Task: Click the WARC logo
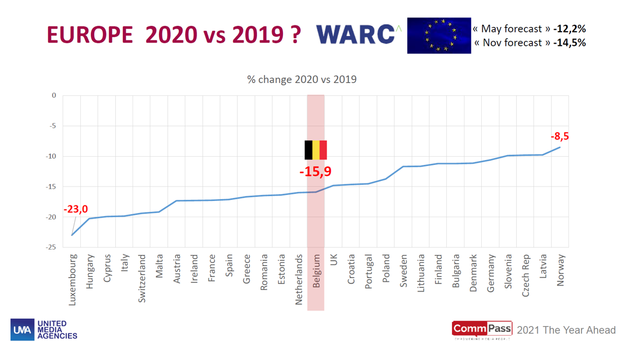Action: [x=358, y=34]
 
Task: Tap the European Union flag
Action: [x=439, y=36]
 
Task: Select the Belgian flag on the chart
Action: [x=316, y=150]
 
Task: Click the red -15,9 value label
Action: [x=315, y=172]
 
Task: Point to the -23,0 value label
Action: [x=75, y=209]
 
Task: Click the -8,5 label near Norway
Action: [x=559, y=136]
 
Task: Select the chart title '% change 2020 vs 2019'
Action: [x=302, y=80]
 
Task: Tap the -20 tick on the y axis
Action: [x=52, y=217]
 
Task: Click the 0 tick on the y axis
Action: [x=54, y=95]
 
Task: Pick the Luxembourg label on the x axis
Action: [x=73, y=280]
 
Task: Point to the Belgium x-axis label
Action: [x=316, y=271]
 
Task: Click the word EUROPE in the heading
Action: [x=89, y=35]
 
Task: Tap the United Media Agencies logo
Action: [x=44, y=330]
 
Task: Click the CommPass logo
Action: [x=481, y=329]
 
